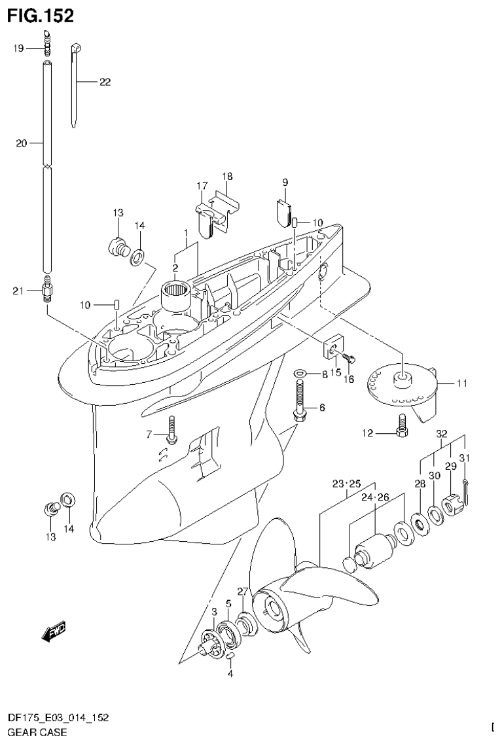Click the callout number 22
pyautogui.click(x=105, y=82)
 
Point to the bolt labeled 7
pyautogui.click(x=172, y=429)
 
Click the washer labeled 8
pyautogui.click(x=300, y=374)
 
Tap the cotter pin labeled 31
pyautogui.click(x=465, y=487)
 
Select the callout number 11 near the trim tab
pyautogui.click(x=462, y=384)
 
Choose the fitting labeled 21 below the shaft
pyautogui.click(x=47, y=289)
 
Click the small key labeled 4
pyautogui.click(x=231, y=655)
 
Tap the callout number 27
pyautogui.click(x=242, y=591)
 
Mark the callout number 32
pyautogui.click(x=442, y=433)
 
